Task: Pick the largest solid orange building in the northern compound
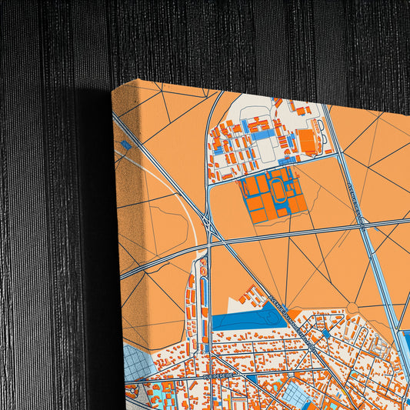click(307, 140)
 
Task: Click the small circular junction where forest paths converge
click(352, 308)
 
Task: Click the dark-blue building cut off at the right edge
click(405, 346)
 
